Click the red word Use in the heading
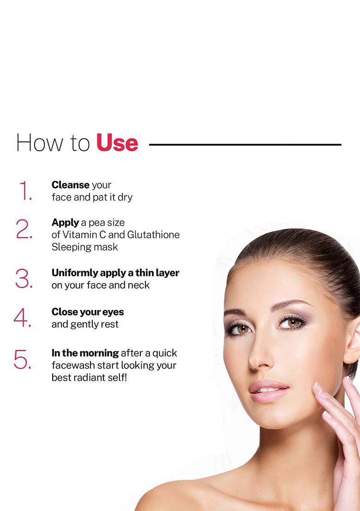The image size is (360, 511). [117, 143]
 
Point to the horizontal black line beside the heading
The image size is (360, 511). [245, 144]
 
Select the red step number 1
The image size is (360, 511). [25, 191]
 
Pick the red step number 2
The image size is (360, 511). [24, 229]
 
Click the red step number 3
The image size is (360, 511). [24, 279]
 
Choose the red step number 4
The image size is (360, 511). [23, 318]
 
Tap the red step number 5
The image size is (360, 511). [23, 359]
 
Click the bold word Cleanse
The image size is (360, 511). [70, 185]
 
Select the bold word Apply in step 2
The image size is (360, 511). [65, 223]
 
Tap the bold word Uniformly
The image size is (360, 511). [75, 273]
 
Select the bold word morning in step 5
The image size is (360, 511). [99, 353]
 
